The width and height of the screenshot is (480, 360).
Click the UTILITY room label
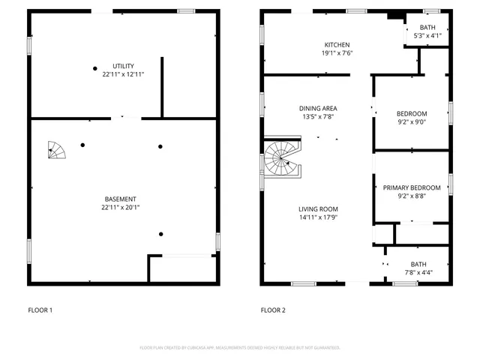click(123, 66)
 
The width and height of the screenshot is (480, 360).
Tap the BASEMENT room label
click(123, 199)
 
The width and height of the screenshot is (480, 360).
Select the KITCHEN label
click(337, 45)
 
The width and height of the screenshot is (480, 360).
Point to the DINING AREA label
click(318, 109)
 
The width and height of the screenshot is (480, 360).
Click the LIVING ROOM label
click(318, 209)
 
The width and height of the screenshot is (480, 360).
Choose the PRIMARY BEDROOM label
click(412, 187)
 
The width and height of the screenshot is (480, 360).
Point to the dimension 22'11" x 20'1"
click(123, 208)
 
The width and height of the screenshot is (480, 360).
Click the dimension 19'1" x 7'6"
click(337, 53)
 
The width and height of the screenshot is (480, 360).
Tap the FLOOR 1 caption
click(40, 310)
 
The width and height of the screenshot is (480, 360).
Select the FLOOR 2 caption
click(273, 310)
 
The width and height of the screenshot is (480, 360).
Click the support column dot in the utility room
click(94, 68)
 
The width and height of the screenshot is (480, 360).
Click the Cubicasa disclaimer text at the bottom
click(240, 347)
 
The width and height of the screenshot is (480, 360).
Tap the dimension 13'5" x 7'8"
click(318, 117)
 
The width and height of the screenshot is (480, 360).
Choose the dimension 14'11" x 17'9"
click(318, 218)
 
